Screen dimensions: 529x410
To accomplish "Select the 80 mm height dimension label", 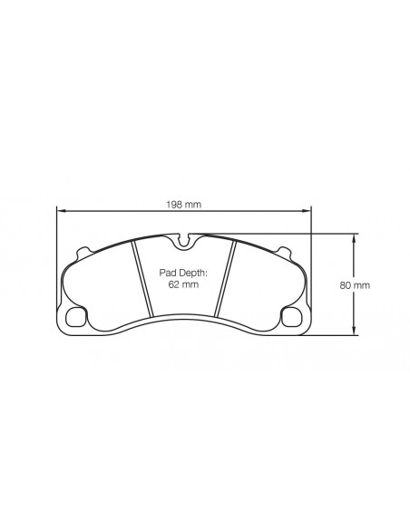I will [354, 284].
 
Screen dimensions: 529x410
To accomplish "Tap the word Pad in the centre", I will [170, 272].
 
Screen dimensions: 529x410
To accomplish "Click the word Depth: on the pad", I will [194, 272].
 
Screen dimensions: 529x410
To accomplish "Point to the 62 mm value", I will [184, 284].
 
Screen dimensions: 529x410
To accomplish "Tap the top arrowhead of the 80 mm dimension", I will [354, 236].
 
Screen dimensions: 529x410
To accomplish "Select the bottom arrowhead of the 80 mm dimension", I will [354, 331].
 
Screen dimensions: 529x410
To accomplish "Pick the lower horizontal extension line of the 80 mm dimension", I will [331, 334].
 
